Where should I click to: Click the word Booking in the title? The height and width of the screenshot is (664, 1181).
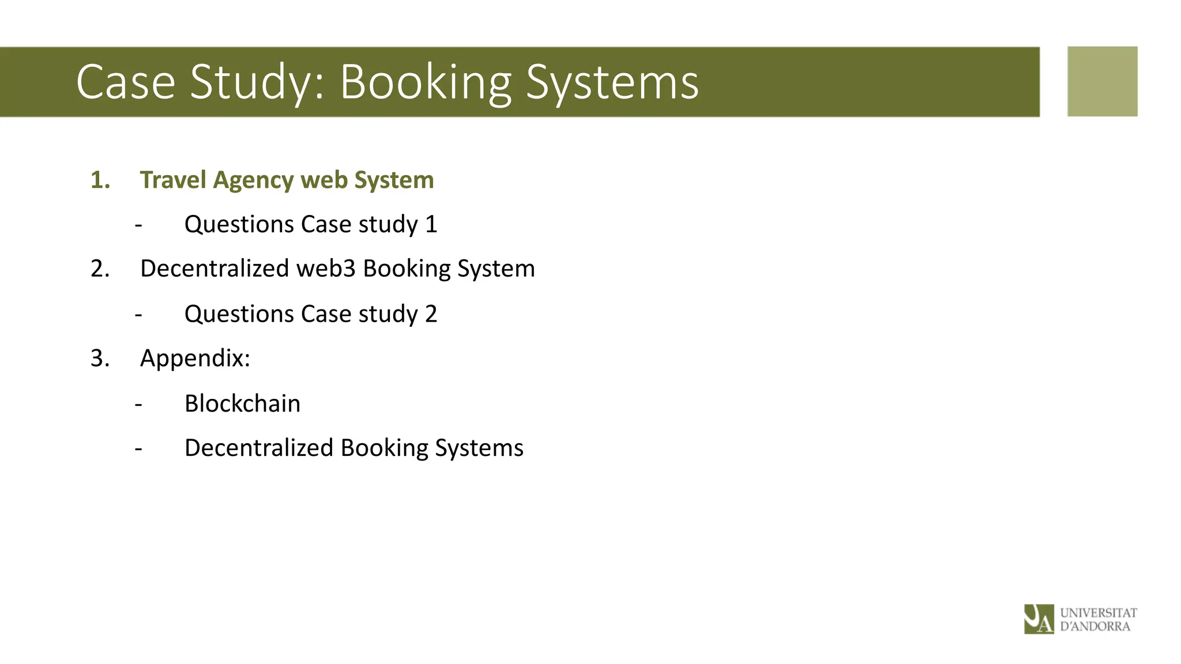click(x=426, y=82)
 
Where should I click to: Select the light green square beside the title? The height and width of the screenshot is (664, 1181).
click(x=1102, y=81)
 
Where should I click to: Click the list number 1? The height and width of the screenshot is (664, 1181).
click(x=100, y=180)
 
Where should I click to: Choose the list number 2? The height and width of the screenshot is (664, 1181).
click(x=100, y=269)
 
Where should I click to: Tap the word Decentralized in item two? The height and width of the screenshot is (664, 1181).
click(x=215, y=269)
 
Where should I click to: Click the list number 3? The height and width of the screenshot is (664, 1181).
click(x=100, y=358)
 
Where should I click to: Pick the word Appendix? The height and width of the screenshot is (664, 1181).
click(x=195, y=359)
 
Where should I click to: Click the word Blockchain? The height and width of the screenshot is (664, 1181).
click(x=242, y=403)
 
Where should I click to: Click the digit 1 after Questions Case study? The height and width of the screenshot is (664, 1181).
click(x=431, y=224)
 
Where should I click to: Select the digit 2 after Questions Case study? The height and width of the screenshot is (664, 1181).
click(x=431, y=314)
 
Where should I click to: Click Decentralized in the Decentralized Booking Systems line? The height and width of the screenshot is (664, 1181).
click(x=259, y=448)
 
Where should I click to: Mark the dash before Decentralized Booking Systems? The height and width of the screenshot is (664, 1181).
click(x=138, y=448)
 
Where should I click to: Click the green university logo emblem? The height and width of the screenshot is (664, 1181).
click(x=1039, y=619)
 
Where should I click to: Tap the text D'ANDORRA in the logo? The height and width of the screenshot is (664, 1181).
click(x=1095, y=627)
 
